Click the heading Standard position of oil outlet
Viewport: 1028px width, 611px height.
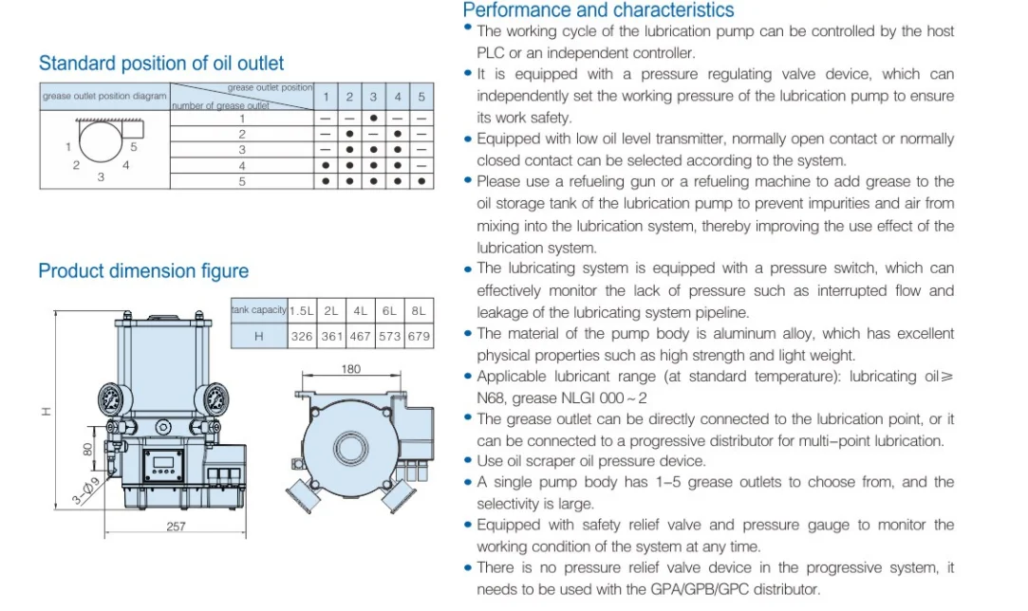161,64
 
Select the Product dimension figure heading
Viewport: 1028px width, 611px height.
143,271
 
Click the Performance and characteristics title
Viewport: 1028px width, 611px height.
598,10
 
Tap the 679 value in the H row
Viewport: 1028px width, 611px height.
419,336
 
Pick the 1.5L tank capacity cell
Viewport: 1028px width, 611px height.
302,311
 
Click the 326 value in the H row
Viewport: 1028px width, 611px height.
302,336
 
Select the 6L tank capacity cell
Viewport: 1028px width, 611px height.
389,311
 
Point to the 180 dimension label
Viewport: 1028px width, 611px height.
351,369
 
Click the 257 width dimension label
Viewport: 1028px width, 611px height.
176,526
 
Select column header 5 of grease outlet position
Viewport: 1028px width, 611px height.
421,97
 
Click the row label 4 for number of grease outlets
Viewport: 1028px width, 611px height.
242,165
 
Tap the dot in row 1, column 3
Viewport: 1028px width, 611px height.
374,119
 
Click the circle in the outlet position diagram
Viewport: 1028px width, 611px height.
100,140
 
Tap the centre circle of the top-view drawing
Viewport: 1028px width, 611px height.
351,447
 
